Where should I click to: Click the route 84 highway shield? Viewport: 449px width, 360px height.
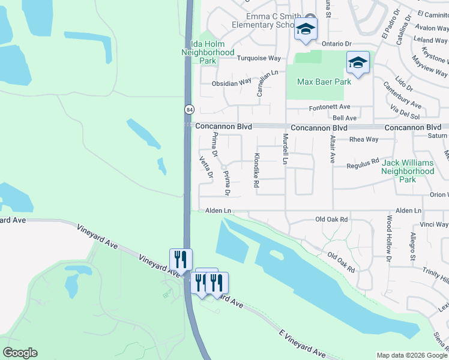189,109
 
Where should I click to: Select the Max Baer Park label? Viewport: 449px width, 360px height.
324,82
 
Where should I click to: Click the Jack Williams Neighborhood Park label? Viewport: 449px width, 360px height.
408,171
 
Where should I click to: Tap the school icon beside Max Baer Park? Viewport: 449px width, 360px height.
358,63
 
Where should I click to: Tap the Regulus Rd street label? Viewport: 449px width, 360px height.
363,162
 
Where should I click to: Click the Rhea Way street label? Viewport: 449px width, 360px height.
364,139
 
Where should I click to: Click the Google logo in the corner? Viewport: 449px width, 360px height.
20,353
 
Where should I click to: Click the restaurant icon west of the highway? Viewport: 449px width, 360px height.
181,259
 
